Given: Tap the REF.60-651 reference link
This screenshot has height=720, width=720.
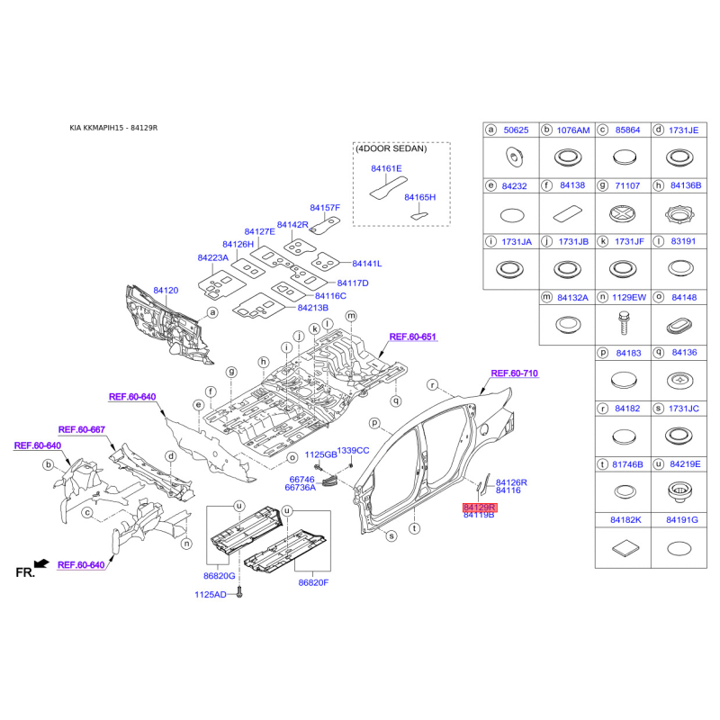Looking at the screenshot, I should pyautogui.click(x=412, y=337).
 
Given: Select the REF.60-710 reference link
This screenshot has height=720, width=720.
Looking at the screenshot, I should pyautogui.click(x=514, y=373).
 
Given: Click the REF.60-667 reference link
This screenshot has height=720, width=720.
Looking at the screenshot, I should pyautogui.click(x=82, y=429).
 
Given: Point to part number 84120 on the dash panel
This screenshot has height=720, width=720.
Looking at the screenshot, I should pyautogui.click(x=166, y=291).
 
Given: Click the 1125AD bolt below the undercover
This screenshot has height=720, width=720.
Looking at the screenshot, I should pyautogui.click(x=241, y=593).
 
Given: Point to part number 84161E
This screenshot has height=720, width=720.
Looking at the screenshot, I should pyautogui.click(x=386, y=168).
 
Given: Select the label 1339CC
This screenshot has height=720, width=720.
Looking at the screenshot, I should pyautogui.click(x=353, y=450).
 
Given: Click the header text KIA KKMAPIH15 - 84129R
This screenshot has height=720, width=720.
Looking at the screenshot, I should pyautogui.click(x=113, y=128).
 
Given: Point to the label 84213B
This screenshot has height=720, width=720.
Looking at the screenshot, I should pyautogui.click(x=314, y=307).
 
